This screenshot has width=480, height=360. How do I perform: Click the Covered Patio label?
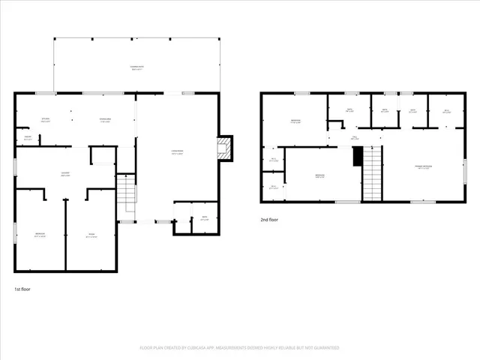click(136, 68)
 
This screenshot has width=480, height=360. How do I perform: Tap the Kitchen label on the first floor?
click(44, 120)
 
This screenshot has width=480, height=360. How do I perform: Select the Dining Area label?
click(105, 120)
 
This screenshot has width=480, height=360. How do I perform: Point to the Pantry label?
click(28, 138)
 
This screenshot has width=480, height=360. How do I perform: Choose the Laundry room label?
click(66, 174)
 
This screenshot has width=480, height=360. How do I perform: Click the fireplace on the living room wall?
click(224, 148)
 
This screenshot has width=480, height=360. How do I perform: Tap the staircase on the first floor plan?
click(126, 193)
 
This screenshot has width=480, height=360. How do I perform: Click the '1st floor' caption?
click(23, 288)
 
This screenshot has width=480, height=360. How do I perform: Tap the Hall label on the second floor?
click(355, 137)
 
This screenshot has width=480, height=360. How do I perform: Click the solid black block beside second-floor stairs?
click(358, 157)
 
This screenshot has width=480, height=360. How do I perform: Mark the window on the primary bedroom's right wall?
click(465, 163)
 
